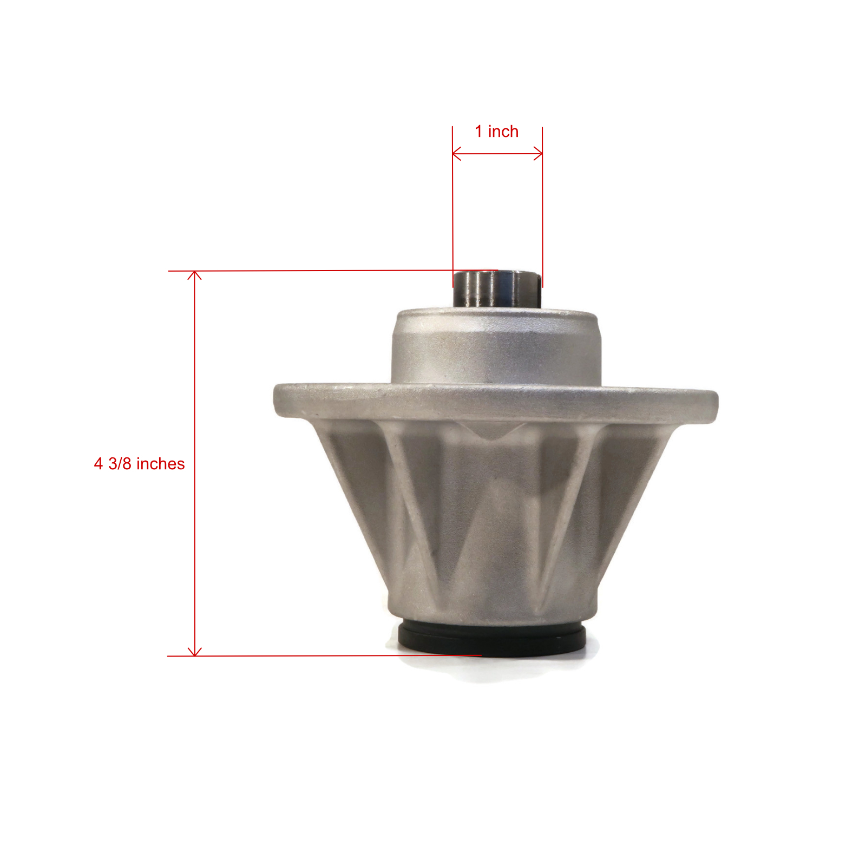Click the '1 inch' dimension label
coord(496,132)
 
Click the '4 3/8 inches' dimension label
coord(139,464)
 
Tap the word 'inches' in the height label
coord(160,464)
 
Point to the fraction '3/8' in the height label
coord(120,464)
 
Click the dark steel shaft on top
coord(497,290)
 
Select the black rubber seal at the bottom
coord(491,639)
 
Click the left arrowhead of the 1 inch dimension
coord(456,154)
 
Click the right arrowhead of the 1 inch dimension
coord(538,154)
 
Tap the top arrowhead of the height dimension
coord(194,275)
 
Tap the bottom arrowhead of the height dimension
coord(194,651)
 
